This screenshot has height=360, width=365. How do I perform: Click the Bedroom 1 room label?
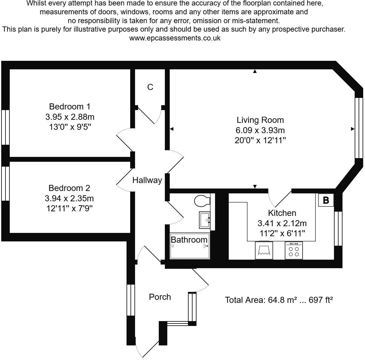pos(70,107)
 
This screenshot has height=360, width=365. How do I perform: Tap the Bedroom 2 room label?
pos(69,188)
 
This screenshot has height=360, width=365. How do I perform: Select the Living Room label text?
pos(260,120)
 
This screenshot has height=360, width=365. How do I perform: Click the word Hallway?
pos(147,180)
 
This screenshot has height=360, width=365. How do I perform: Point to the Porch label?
pos(160,297)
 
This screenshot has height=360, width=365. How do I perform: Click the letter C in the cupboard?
pos(150,87)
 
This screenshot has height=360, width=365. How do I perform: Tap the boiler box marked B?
pos(326,200)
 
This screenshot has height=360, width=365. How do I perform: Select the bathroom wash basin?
pos(205,220)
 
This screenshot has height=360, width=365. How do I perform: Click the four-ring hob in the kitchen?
pos(294,251)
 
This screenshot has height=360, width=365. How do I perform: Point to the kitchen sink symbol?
pos(264,250)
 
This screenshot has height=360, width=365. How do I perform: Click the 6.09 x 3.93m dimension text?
pos(260,130)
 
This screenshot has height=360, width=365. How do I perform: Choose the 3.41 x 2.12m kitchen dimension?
pos(282,223)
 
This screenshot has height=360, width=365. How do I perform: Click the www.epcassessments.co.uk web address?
pos(175,38)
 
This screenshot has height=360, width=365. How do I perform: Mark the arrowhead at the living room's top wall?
pos(255,71)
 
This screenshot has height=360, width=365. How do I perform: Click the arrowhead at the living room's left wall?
pos(172,129)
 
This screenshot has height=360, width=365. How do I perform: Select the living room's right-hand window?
pos(359,128)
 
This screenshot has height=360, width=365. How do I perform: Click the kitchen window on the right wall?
pos(338,228)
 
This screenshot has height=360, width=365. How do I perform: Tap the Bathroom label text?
pos(189,240)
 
